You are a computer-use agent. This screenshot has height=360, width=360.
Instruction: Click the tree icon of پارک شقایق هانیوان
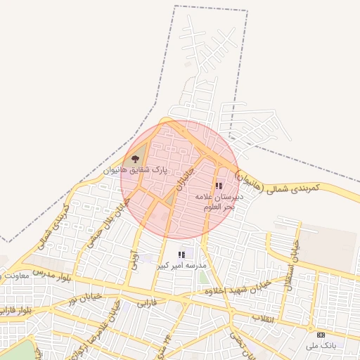click(135, 160)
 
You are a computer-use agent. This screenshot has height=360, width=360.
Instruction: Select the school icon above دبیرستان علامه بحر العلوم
click(219, 186)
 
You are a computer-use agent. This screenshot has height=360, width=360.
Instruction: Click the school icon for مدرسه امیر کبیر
click(181, 255)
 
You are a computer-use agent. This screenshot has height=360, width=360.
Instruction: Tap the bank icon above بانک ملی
click(321, 335)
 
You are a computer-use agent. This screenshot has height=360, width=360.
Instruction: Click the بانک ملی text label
click(321, 345)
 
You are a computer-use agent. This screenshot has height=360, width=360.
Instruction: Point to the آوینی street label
click(133, 259)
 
